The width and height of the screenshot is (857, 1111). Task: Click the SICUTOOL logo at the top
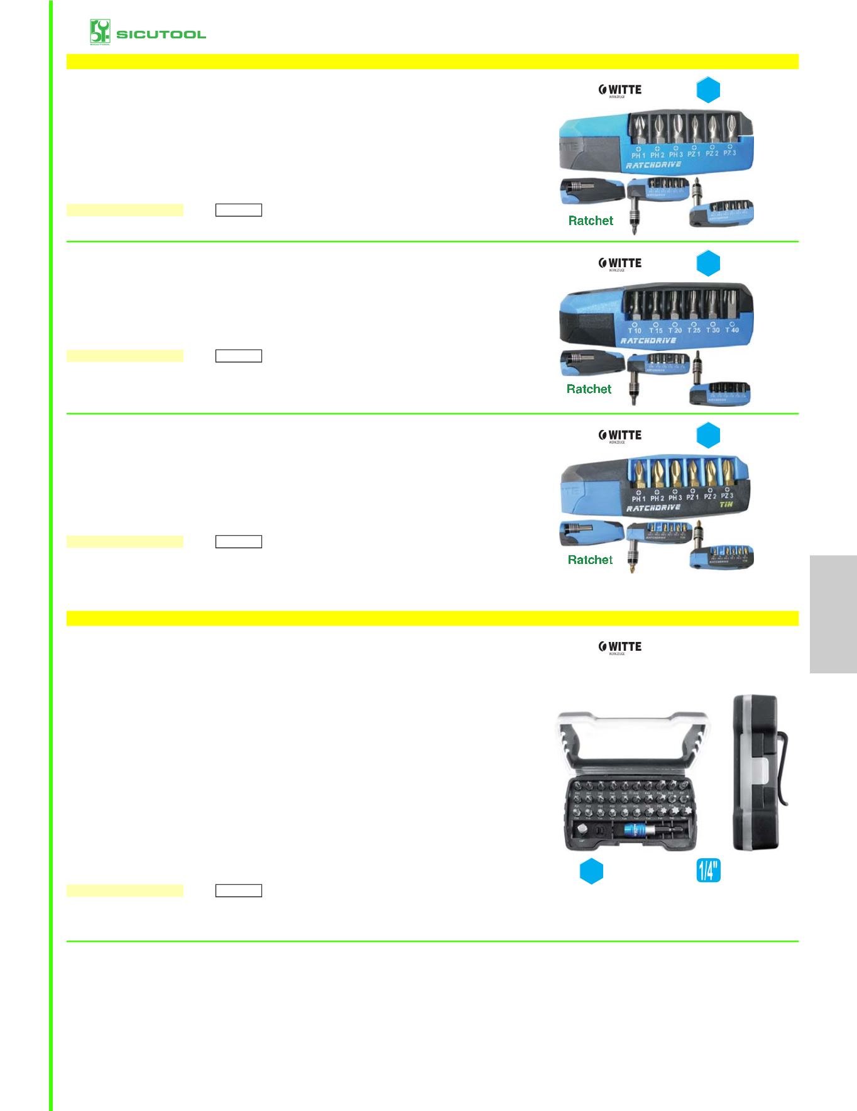click(x=148, y=34)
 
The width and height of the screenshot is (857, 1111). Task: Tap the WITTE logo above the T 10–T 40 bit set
click(x=620, y=263)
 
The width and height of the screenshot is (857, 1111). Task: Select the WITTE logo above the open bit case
click(x=620, y=646)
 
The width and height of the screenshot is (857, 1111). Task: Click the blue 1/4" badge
click(x=708, y=871)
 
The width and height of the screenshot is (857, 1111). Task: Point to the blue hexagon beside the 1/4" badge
click(x=591, y=871)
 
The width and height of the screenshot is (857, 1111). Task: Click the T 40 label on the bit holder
click(x=732, y=329)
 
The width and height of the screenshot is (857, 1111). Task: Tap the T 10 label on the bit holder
click(x=635, y=330)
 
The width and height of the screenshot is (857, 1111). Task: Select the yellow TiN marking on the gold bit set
click(x=726, y=504)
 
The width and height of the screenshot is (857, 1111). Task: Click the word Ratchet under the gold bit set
click(x=590, y=560)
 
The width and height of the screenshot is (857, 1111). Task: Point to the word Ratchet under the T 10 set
click(x=589, y=389)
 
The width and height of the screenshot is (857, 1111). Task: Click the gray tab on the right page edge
click(x=833, y=614)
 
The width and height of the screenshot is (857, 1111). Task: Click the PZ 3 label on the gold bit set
click(x=728, y=496)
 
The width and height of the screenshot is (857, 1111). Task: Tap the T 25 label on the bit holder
click(x=694, y=330)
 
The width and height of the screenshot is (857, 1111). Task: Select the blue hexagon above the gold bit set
click(x=708, y=436)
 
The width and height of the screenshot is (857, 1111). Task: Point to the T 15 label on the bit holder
click(x=655, y=330)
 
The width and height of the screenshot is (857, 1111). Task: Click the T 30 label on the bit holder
click(x=712, y=330)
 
